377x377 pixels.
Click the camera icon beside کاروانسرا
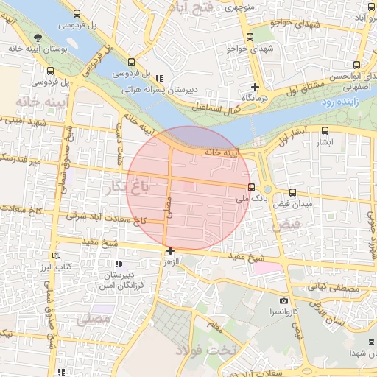[x=284, y=300]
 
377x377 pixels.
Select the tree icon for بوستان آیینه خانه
[x=38, y=38]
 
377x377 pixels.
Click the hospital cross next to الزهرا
[x=170, y=250]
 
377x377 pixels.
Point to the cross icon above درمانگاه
[x=255, y=86]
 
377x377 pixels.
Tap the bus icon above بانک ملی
[x=252, y=187]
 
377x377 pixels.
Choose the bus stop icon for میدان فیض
[x=293, y=193]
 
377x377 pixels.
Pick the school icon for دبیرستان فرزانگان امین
[x=117, y=264]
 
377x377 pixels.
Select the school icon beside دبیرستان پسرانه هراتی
[x=158, y=79]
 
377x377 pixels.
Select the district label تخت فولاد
[x=213, y=349]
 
